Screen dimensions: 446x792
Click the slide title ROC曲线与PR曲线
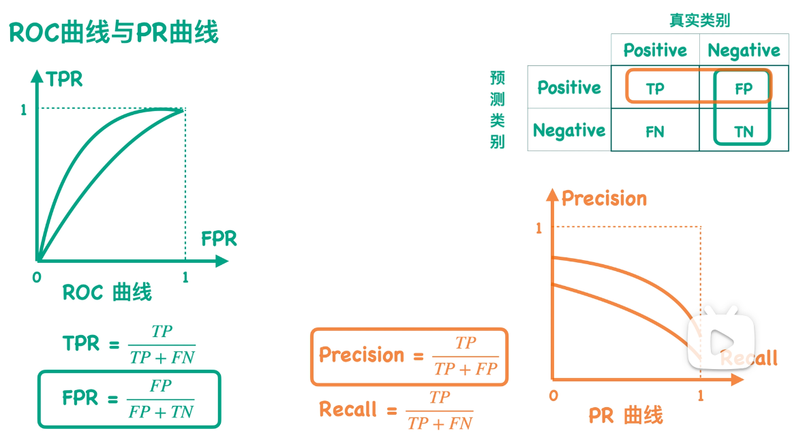click(114, 32)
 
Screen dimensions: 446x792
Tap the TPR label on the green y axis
click(65, 80)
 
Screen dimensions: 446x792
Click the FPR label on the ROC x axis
click(219, 239)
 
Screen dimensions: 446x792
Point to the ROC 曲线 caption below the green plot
click(107, 293)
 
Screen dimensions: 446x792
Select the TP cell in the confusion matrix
click(655, 89)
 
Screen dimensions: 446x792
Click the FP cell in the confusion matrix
click(744, 89)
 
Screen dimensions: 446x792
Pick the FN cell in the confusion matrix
click(655, 131)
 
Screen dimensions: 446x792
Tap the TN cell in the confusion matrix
click(744, 132)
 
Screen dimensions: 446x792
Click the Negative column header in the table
click(744, 50)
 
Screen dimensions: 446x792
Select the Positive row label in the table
click(569, 88)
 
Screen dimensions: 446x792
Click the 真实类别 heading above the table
click(699, 20)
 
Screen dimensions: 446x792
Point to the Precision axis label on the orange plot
click(604, 199)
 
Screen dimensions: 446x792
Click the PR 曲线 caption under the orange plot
click(626, 415)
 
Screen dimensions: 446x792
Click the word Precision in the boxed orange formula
click(361, 355)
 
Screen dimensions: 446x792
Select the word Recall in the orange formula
click(348, 409)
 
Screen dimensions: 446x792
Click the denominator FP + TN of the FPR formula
click(162, 412)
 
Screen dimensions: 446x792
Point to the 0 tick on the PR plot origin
click(553, 396)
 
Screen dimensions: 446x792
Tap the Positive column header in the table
click(655, 50)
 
